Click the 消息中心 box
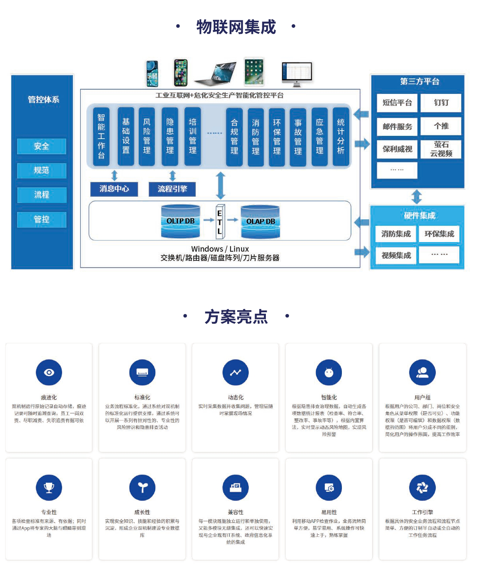tap(114, 189)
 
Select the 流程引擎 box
tap(172, 189)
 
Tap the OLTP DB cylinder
tap(181, 221)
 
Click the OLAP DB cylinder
tap(260, 221)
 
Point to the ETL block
tap(220, 222)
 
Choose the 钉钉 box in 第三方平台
tap(441, 103)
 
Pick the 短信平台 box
tap(397, 103)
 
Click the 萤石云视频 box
tap(441, 149)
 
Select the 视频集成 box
tap(396, 255)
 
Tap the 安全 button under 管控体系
tap(41, 147)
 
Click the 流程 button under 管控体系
tap(41, 195)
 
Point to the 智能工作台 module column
tap(101, 136)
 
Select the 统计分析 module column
tap(341, 136)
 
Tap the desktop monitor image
tap(297, 74)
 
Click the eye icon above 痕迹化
tap(49, 372)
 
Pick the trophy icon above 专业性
tap(49, 487)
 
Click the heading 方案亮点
tap(236, 317)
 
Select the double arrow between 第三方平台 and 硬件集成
tap(417, 197)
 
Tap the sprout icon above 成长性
tap(142, 487)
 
